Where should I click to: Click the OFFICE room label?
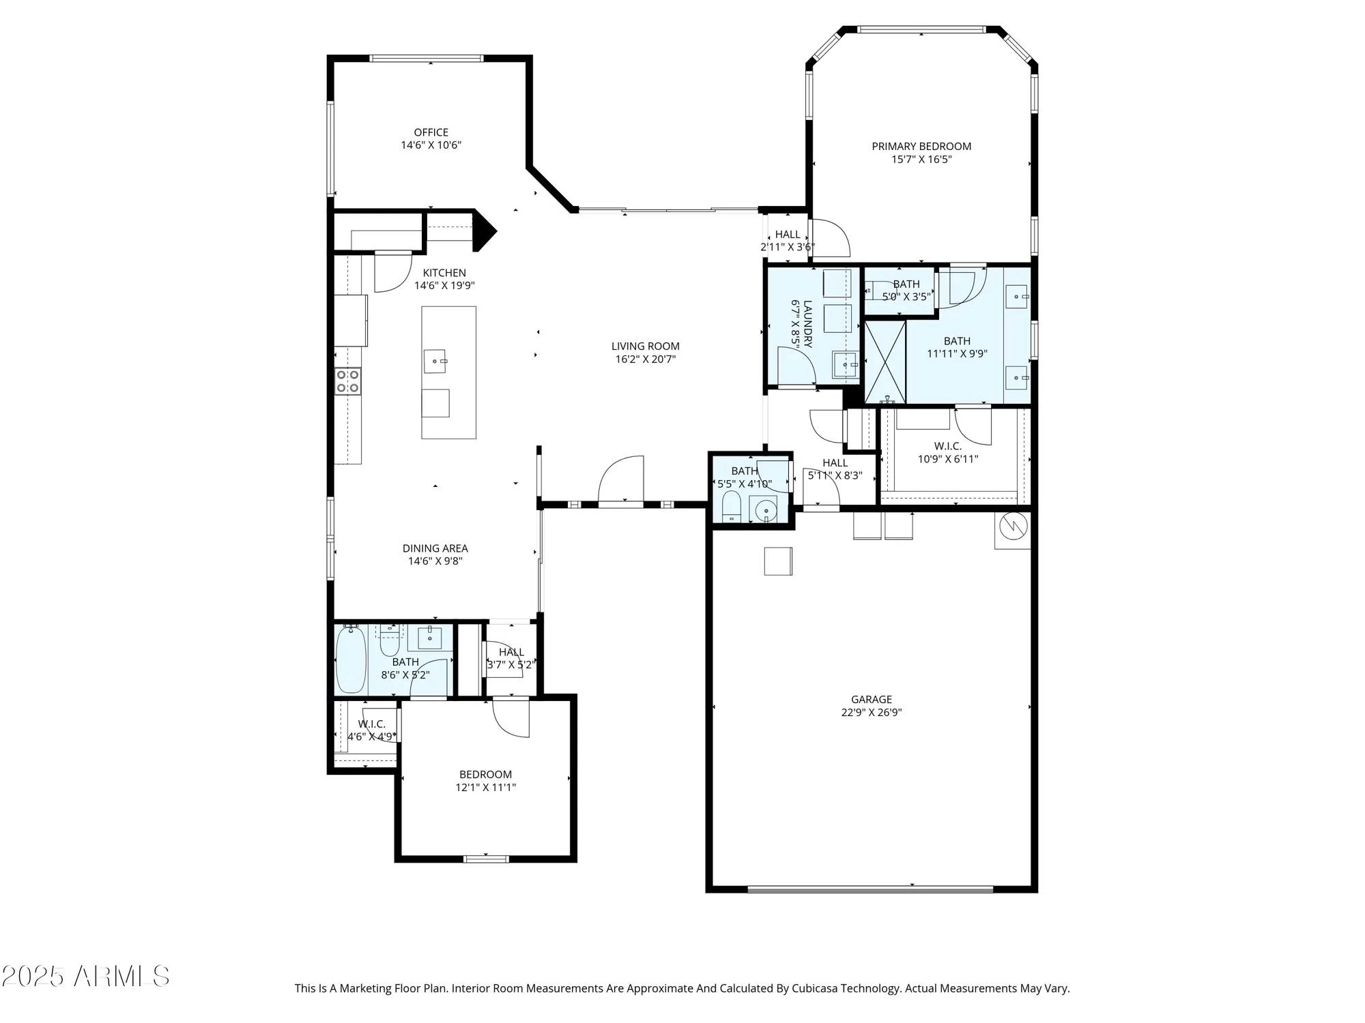click(x=431, y=132)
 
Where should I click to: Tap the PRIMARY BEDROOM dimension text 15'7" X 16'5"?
click(x=921, y=160)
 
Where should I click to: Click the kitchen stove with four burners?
click(x=347, y=381)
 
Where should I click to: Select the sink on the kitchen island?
click(x=435, y=361)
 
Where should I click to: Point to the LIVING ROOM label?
click(x=645, y=346)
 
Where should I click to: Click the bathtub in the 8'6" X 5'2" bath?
click(x=351, y=659)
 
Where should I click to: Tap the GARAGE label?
click(x=871, y=699)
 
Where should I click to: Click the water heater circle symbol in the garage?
click(x=1013, y=525)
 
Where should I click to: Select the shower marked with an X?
click(x=885, y=361)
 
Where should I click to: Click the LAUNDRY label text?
click(x=808, y=324)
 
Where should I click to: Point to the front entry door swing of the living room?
click(x=621, y=479)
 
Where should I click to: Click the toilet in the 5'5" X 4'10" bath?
click(x=732, y=506)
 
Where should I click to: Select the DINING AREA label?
click(x=435, y=548)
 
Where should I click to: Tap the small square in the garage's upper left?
click(x=777, y=561)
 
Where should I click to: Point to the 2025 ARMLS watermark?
click(x=85, y=977)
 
